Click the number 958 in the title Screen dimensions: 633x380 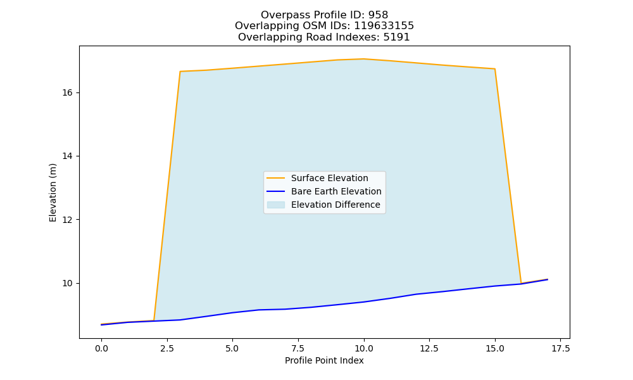tap(378, 15)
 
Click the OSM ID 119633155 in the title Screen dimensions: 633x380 tap(384, 26)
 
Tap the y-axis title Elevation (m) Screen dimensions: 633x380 tap(53, 193)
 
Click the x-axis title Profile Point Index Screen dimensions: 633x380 tap(324, 360)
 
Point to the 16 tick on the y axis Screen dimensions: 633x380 tap(68, 93)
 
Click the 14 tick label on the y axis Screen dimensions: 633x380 tap(68, 156)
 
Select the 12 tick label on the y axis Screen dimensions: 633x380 tap(68, 220)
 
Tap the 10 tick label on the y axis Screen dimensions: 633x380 tap(68, 284)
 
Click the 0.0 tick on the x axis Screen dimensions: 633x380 tap(101, 348)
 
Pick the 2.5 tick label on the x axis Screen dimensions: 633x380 tap(166, 348)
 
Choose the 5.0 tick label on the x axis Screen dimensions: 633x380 tap(232, 348)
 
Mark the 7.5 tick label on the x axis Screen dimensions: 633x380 tap(298, 348)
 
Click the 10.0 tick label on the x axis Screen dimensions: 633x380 tap(364, 348)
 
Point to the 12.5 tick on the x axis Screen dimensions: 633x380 tap(429, 348)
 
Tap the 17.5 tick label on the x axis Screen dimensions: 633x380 tap(560, 348)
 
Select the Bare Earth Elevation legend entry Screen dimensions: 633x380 tap(324, 191)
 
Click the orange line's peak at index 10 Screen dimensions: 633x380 tap(364, 59)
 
